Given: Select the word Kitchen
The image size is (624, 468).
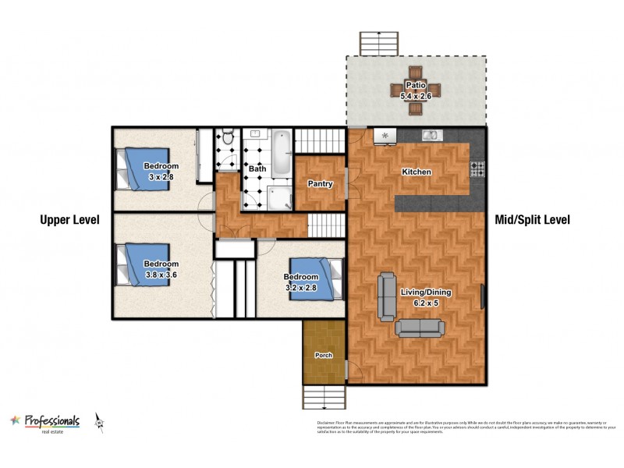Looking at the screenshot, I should (x=416, y=172).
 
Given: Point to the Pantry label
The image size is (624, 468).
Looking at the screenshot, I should (x=321, y=185).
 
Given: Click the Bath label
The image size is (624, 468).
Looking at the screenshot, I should (x=257, y=168).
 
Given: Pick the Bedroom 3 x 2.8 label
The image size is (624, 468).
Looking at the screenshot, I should (x=161, y=171).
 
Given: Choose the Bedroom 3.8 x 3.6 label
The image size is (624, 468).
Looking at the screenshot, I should (x=161, y=269).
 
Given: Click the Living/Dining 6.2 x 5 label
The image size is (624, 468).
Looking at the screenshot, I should (x=426, y=297).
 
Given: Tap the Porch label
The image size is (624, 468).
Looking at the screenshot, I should (x=323, y=356).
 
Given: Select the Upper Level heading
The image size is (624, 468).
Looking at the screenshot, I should (x=70, y=220).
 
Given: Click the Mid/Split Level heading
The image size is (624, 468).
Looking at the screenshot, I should (x=533, y=220).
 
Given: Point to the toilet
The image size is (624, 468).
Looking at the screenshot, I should (x=227, y=138).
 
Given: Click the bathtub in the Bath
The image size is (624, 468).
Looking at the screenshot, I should (x=280, y=144).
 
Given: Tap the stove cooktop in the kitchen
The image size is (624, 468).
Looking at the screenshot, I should (x=477, y=168).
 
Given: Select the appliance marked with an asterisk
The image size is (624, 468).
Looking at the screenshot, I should (x=385, y=136).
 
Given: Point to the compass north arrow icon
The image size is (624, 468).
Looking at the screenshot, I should (x=99, y=422).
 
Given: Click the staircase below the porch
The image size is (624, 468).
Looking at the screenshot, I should (x=324, y=395).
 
